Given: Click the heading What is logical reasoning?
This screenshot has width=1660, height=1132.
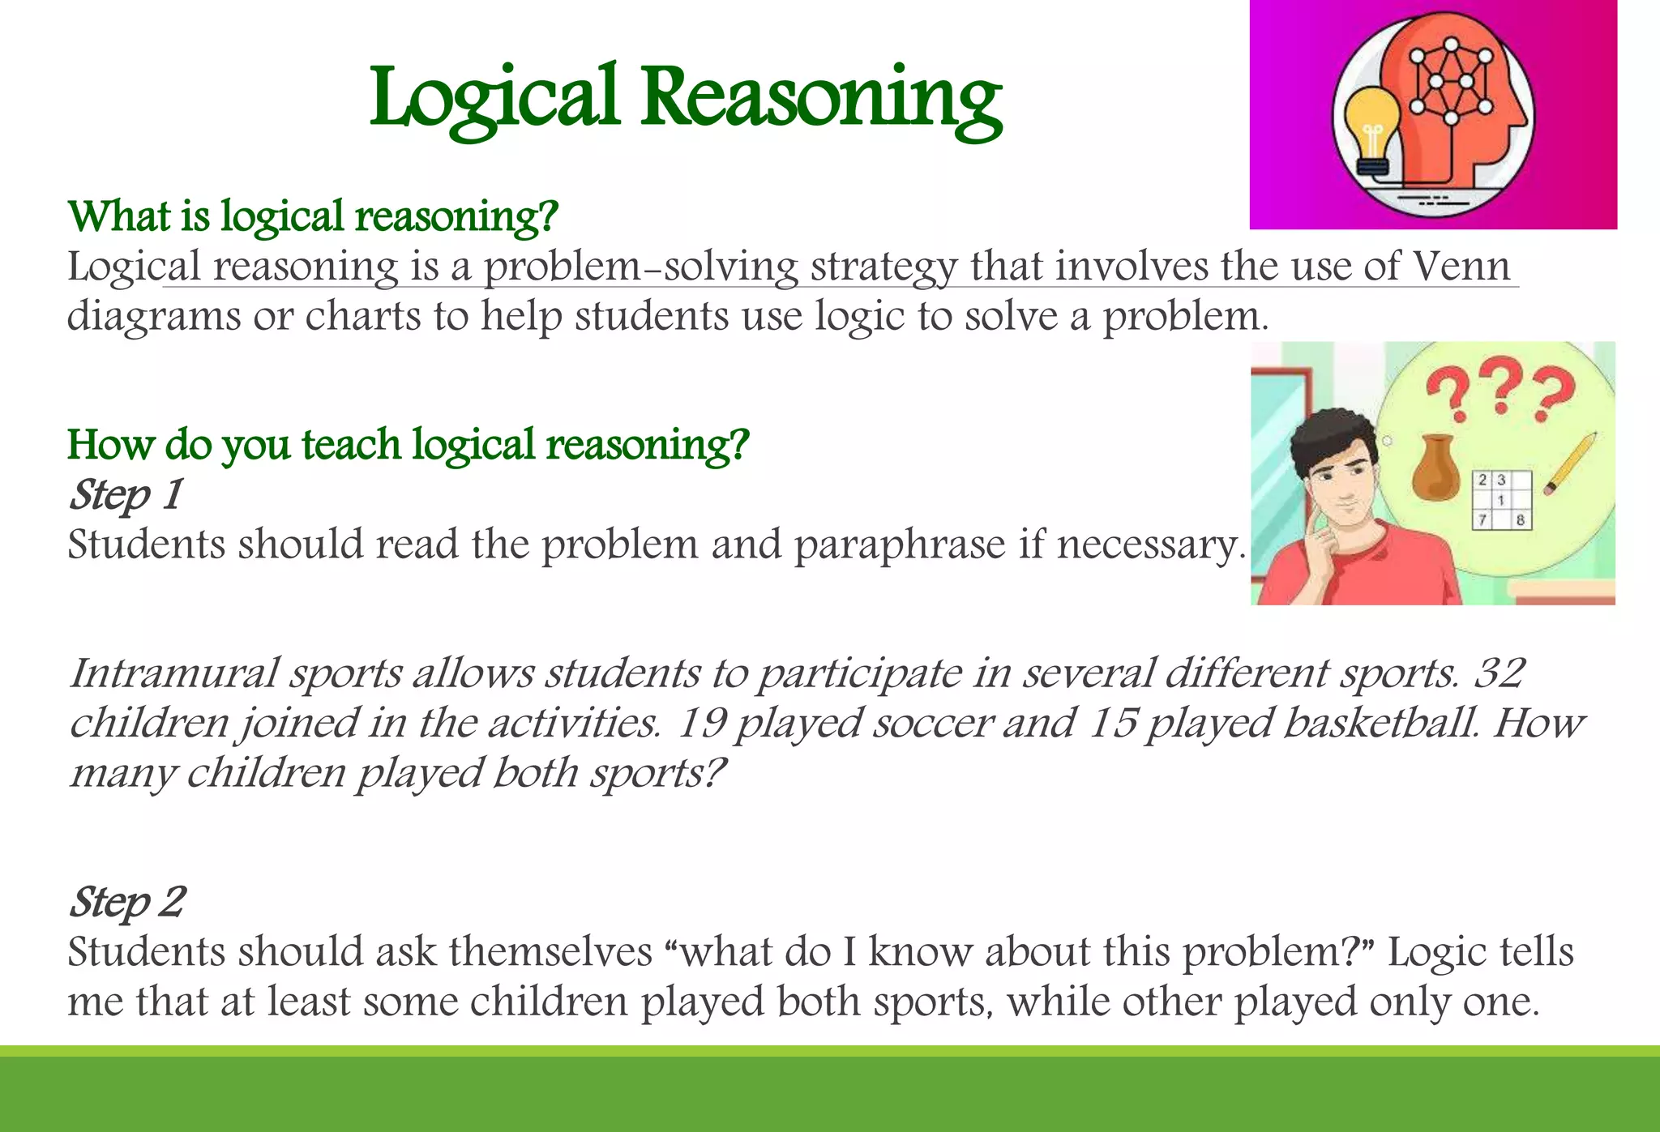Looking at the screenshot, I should (313, 217).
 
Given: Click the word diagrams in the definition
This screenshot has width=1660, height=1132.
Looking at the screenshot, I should (153, 316).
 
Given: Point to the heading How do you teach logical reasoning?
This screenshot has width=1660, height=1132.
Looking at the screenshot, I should (408, 445).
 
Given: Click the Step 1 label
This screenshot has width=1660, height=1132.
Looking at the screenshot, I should (126, 494).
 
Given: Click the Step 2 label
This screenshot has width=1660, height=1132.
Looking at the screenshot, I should (127, 902).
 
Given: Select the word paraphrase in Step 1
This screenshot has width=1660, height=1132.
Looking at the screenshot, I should (899, 545).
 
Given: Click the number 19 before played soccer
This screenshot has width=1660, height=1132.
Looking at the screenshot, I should (700, 723).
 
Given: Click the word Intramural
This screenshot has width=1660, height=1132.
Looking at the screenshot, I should (174, 673).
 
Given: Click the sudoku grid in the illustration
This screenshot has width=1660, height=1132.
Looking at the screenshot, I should (1501, 500).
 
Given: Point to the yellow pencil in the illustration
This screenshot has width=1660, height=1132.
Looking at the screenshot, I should (1570, 463).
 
